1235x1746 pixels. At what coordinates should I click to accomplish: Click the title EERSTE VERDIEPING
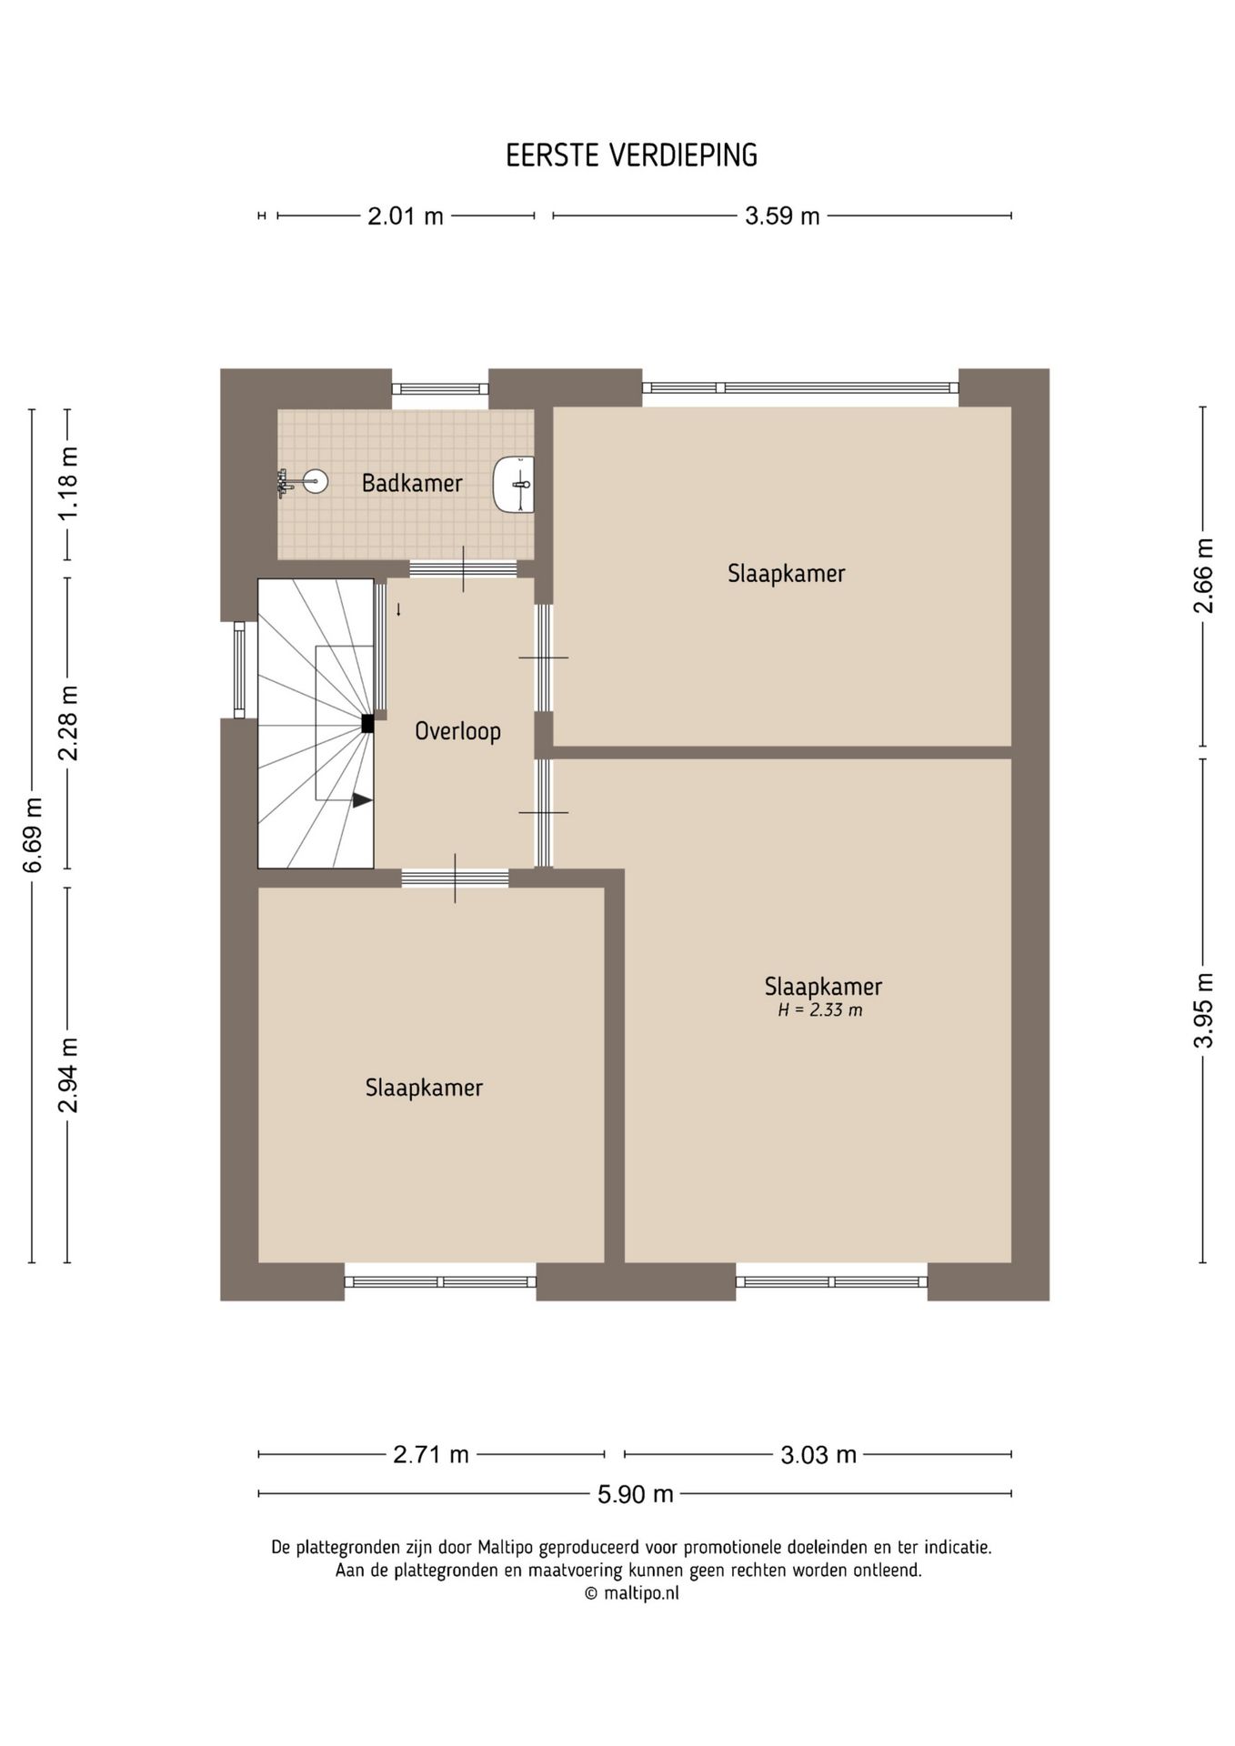tap(631, 156)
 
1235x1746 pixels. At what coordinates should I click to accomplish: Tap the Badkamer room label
tap(412, 483)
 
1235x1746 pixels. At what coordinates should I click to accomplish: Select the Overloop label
tap(457, 731)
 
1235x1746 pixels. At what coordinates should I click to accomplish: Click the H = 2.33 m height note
tap(819, 1009)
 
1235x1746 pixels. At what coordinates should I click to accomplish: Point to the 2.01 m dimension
tap(406, 216)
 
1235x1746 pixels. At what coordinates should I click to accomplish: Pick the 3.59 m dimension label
tap(782, 216)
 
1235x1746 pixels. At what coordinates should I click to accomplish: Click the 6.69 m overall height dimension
tap(33, 835)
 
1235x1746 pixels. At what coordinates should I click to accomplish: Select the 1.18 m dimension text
tap(68, 482)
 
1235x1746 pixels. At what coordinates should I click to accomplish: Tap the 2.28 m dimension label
tap(68, 723)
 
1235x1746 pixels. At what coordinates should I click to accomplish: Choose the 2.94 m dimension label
tap(68, 1075)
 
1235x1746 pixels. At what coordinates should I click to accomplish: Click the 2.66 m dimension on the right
tap(1203, 577)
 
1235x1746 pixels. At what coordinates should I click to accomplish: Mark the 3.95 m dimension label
tap(1203, 1011)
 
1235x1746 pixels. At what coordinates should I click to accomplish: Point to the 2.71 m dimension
tap(431, 1455)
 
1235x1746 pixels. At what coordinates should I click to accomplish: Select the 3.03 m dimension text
tap(818, 1455)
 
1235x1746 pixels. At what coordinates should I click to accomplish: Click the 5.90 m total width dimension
tap(635, 1493)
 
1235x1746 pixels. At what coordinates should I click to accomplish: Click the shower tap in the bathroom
tap(284, 483)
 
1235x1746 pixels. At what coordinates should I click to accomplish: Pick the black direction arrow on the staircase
tap(363, 800)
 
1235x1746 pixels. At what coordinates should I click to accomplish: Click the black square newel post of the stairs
tap(367, 724)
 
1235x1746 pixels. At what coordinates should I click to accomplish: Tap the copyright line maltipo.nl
tap(631, 1593)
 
